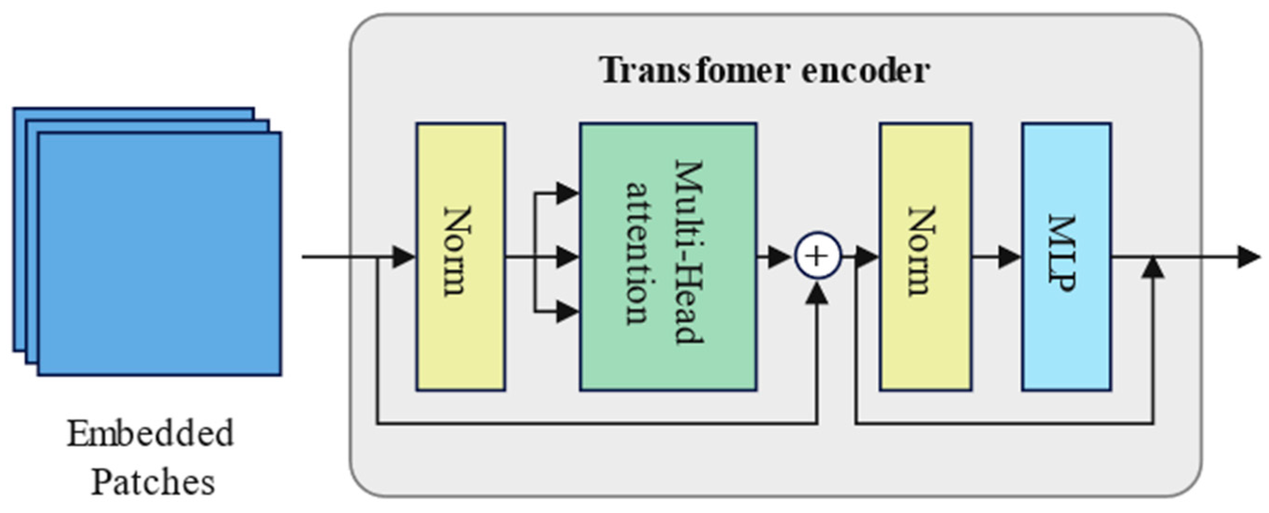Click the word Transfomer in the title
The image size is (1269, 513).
(x=694, y=70)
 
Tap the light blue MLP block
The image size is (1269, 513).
(x=1066, y=256)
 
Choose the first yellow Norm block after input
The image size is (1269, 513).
(x=460, y=256)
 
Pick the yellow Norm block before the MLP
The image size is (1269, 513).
(x=925, y=256)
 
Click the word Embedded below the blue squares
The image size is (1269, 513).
(x=150, y=434)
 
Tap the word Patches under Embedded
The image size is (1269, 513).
(x=153, y=482)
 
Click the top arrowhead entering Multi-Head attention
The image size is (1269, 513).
(x=567, y=193)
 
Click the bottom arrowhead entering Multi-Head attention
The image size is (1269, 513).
(x=567, y=312)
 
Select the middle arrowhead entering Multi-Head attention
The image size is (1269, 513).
(x=567, y=257)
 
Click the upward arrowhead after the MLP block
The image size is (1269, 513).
(x=1153, y=268)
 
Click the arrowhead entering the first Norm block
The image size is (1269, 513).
(x=404, y=257)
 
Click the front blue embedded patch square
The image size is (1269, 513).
(x=160, y=254)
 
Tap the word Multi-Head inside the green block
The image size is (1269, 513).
(x=689, y=251)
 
